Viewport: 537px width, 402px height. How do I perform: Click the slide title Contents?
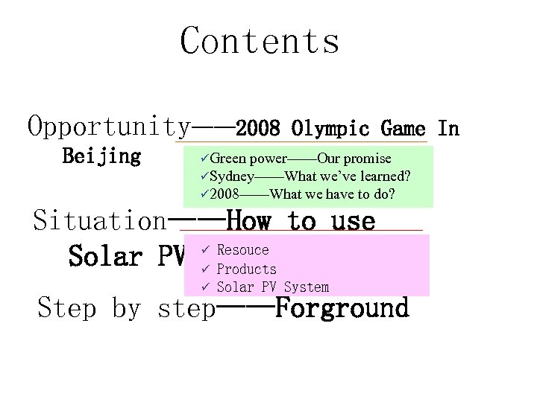click(x=260, y=41)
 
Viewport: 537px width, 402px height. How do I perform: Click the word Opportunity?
click(x=109, y=127)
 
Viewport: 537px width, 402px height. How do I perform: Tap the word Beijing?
click(x=101, y=157)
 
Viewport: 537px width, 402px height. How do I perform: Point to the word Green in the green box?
click(x=227, y=159)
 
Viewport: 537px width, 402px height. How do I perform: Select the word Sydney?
click(x=231, y=176)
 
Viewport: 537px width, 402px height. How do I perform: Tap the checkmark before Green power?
click(x=204, y=159)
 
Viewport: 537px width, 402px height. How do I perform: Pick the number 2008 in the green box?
click(x=224, y=195)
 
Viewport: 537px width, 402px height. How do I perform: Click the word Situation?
click(x=100, y=221)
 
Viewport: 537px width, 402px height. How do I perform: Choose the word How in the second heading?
click(x=251, y=221)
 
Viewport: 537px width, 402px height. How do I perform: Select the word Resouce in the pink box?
click(x=242, y=250)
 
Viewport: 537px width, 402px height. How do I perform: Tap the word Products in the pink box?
click(x=246, y=269)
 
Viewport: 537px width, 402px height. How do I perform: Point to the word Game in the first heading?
click(x=403, y=129)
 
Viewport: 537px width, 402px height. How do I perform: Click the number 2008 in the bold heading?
click(x=258, y=129)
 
